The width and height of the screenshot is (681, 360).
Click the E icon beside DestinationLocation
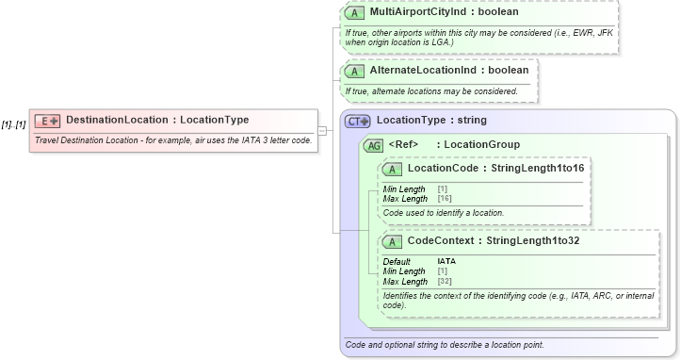point(47,121)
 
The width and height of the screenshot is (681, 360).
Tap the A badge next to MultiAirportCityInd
point(354,13)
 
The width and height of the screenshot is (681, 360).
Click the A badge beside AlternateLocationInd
point(354,71)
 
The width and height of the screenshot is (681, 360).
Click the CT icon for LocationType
point(358,121)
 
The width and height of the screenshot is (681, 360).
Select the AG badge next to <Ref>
point(374,144)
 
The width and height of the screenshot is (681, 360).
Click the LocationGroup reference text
point(482,144)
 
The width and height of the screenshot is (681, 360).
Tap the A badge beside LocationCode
point(392,168)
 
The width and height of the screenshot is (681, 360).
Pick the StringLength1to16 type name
point(533,168)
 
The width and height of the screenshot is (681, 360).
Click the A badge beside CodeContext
point(392,240)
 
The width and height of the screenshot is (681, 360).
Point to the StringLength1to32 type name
point(540,240)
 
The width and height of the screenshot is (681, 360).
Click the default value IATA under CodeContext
point(446,261)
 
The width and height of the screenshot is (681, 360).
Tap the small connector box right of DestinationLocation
point(322,130)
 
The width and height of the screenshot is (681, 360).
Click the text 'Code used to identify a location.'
point(444,213)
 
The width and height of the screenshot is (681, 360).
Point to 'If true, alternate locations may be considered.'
point(432,91)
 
